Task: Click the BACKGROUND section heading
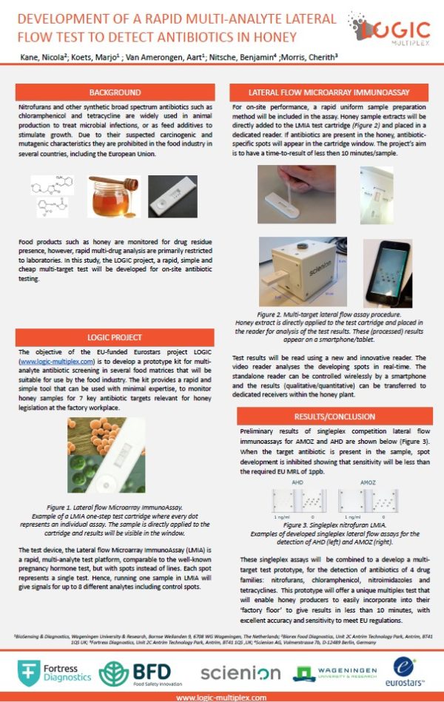pyautogui.click(x=115, y=93)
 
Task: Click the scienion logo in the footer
pyautogui.click(x=240, y=673)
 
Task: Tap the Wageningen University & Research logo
pyautogui.click(x=328, y=672)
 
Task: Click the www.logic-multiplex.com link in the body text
pyautogui.click(x=57, y=362)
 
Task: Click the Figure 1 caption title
pyautogui.click(x=114, y=499)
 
